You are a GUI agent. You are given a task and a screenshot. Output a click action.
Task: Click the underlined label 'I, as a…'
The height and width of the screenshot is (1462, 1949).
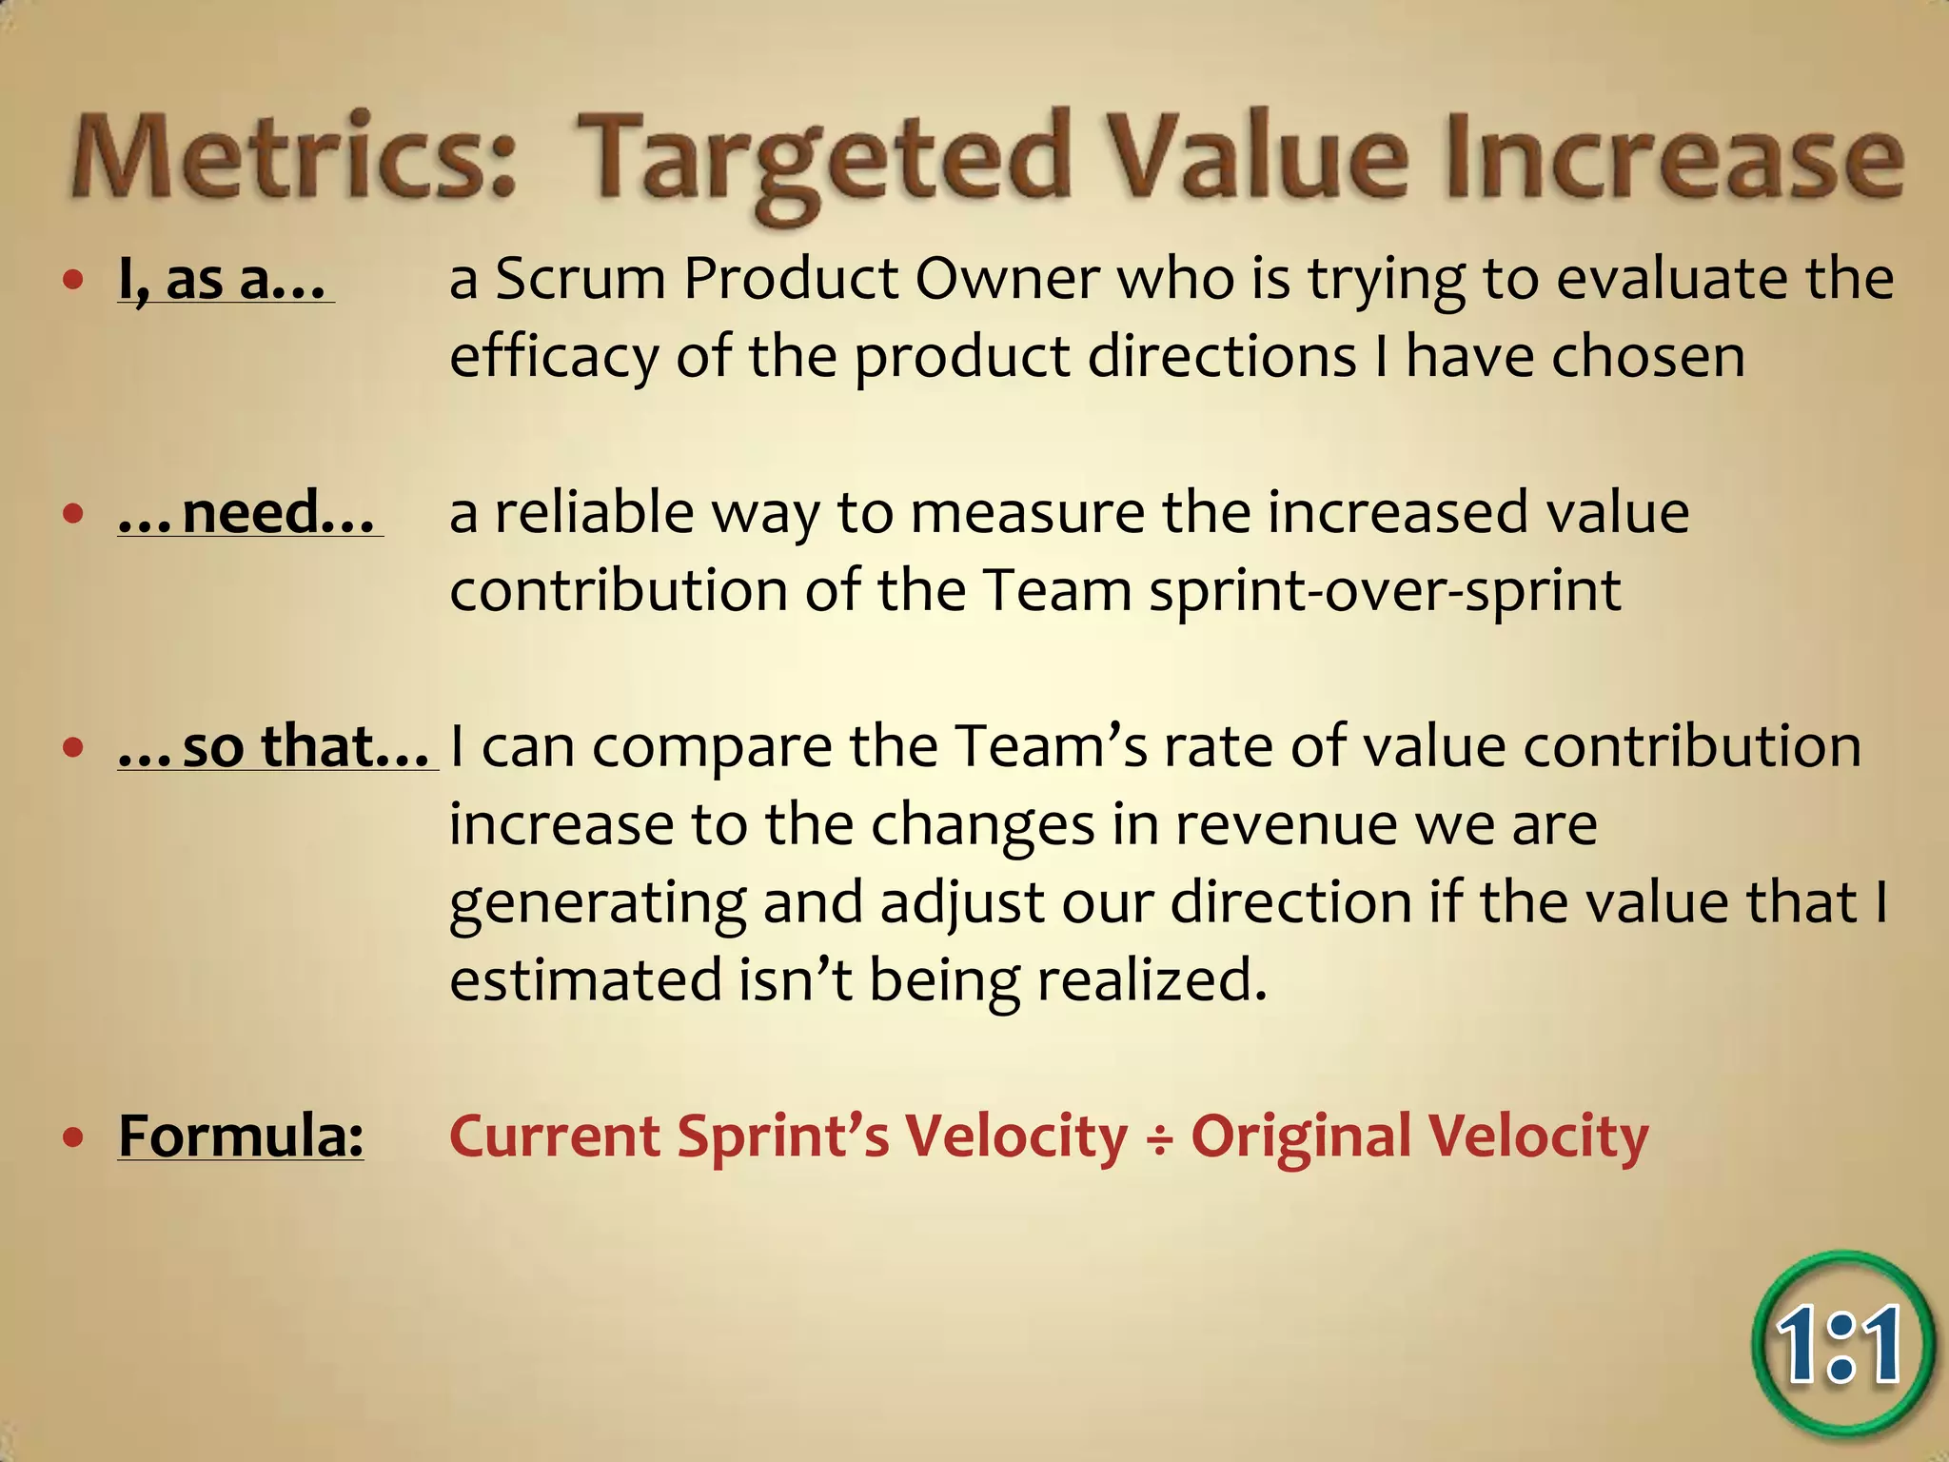click(223, 280)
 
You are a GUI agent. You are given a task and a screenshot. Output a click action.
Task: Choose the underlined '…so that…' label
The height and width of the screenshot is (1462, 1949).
click(276, 746)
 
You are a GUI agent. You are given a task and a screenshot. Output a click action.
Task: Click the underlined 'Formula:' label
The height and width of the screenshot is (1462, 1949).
click(241, 1136)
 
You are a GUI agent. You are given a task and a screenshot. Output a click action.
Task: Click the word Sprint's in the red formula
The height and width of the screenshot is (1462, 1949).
click(782, 1136)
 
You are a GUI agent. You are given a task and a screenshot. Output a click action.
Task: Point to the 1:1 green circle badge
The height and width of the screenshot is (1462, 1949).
click(1841, 1344)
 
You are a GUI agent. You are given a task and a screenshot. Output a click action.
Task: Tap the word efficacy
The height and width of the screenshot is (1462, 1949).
click(553, 358)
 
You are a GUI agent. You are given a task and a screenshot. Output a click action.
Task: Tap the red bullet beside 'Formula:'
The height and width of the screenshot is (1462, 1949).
click(73, 1136)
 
